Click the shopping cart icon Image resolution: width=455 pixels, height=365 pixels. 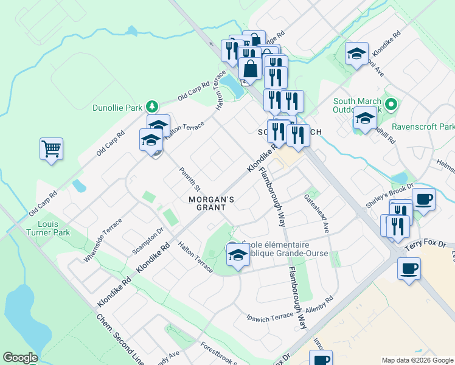(51, 148)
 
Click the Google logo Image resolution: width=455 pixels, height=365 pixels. (20, 358)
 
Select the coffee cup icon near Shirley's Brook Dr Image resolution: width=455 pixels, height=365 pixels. (423, 199)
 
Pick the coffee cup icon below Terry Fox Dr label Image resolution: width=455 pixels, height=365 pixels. (409, 268)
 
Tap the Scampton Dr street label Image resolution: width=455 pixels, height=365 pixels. (148, 240)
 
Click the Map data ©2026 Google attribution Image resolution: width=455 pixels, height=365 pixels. (417, 360)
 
